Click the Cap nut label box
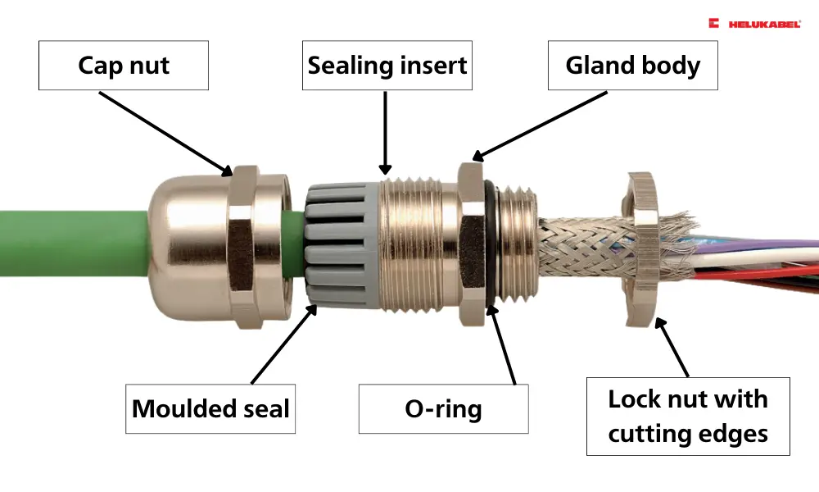point(124,65)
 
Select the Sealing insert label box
point(387,65)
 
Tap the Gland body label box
point(632,65)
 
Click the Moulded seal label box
point(210,408)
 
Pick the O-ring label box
point(443,408)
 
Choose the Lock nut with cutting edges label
point(688,417)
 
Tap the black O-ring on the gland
point(486,246)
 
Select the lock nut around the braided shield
point(639,246)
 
